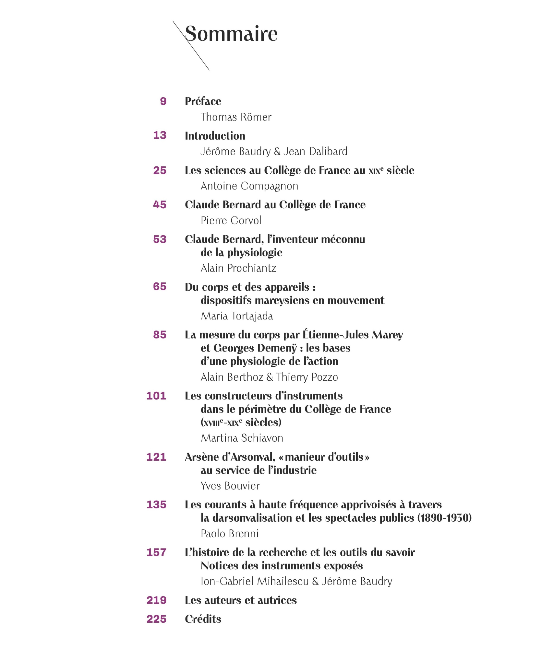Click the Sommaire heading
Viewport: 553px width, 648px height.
tap(231, 33)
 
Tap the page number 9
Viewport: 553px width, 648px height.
tap(163, 101)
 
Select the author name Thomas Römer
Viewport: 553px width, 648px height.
tap(236, 117)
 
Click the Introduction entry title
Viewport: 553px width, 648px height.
tap(215, 136)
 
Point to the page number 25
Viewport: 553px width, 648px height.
tap(160, 170)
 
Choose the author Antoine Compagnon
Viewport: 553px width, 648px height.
tap(249, 186)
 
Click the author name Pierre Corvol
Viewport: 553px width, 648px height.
tap(231, 221)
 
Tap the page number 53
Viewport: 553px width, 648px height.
tap(160, 239)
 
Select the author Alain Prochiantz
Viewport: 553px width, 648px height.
tap(238, 268)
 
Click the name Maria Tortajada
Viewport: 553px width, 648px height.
tap(237, 316)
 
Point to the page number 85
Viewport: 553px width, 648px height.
tap(160, 335)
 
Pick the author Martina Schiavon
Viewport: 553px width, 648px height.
tap(242, 438)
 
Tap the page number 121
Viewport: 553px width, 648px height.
tap(156, 457)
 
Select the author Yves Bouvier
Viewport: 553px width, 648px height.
tap(230, 486)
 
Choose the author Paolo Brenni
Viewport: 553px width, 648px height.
tap(230, 534)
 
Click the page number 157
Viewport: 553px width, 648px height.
tap(156, 552)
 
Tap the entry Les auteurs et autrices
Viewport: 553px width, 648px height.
tap(241, 600)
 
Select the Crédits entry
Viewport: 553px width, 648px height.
tap(203, 619)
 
